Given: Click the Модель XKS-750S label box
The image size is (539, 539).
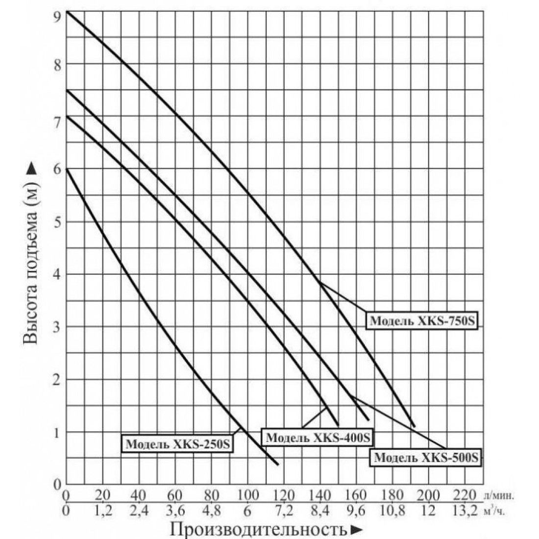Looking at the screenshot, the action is click(x=422, y=321).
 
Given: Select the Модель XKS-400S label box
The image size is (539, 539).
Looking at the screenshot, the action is click(x=318, y=437).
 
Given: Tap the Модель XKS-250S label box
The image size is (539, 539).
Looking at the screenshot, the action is click(x=177, y=443).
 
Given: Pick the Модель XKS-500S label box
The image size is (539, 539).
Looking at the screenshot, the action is click(x=426, y=457).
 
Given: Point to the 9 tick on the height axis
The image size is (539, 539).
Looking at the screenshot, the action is click(x=57, y=16).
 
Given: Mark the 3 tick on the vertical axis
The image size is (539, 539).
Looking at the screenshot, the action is click(x=57, y=326).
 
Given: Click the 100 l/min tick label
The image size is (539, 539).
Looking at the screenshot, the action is click(x=248, y=495).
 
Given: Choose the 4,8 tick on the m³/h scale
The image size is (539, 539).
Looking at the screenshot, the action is click(x=212, y=511).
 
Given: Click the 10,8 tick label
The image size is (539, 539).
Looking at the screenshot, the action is click(x=392, y=511).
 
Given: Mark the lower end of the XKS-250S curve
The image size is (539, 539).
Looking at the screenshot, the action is click(x=278, y=465).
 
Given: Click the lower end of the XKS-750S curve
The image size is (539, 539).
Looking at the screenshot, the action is click(x=414, y=426).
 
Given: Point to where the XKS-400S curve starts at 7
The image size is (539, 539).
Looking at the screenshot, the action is click(x=67, y=116).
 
